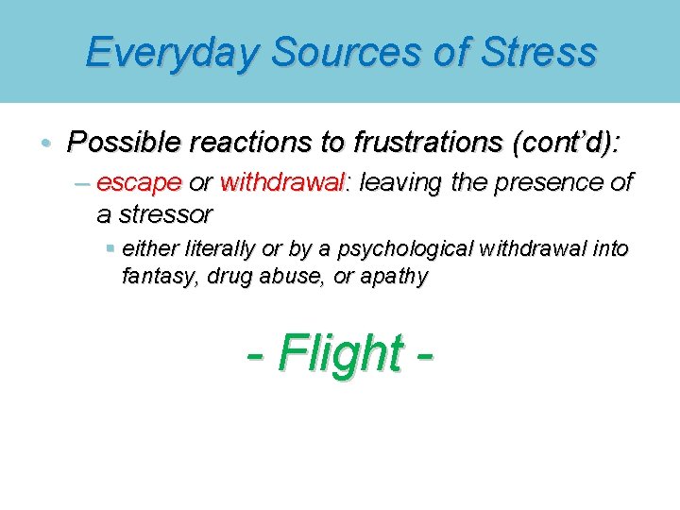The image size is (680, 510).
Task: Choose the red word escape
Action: tap(139, 181)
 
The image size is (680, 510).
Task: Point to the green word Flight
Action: tap(339, 354)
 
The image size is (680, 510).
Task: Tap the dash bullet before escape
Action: tap(82, 181)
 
